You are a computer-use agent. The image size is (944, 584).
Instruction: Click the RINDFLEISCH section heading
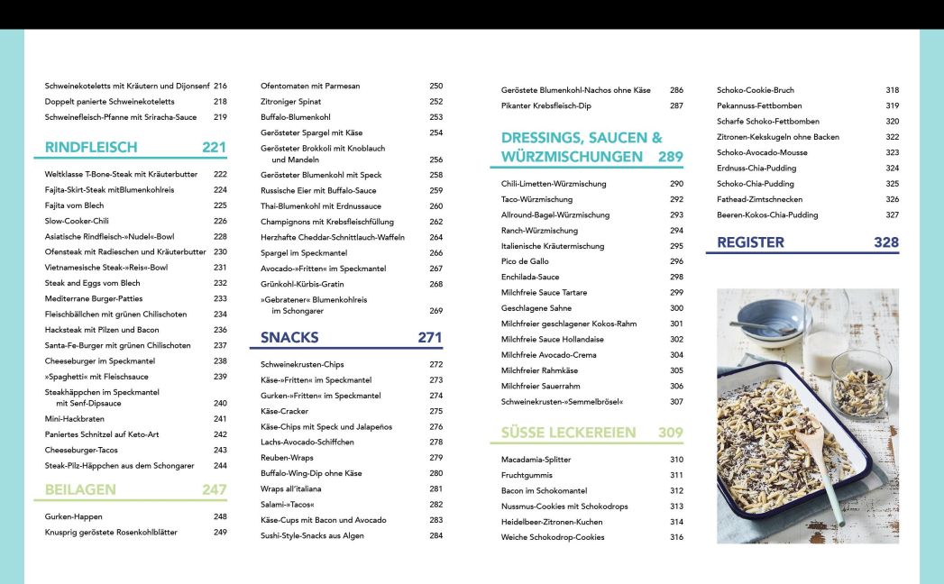tap(91, 147)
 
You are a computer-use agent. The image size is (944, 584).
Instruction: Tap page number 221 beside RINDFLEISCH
tap(214, 147)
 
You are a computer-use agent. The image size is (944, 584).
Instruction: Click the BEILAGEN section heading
tap(80, 489)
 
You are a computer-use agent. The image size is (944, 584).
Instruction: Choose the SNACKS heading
tap(289, 338)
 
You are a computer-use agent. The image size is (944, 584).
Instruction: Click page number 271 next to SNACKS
tap(430, 338)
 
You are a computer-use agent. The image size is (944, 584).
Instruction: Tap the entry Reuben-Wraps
tap(288, 457)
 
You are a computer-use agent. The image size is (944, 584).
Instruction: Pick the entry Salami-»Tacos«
tap(288, 505)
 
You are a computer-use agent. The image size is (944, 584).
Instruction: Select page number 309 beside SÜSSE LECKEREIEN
tap(670, 433)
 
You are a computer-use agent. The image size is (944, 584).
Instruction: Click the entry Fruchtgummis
tap(527, 475)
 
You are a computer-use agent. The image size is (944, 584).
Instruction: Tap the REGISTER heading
tap(750, 242)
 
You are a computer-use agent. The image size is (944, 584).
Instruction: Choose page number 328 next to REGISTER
tap(886, 242)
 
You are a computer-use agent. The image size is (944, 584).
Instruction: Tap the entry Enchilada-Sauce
tap(530, 277)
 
